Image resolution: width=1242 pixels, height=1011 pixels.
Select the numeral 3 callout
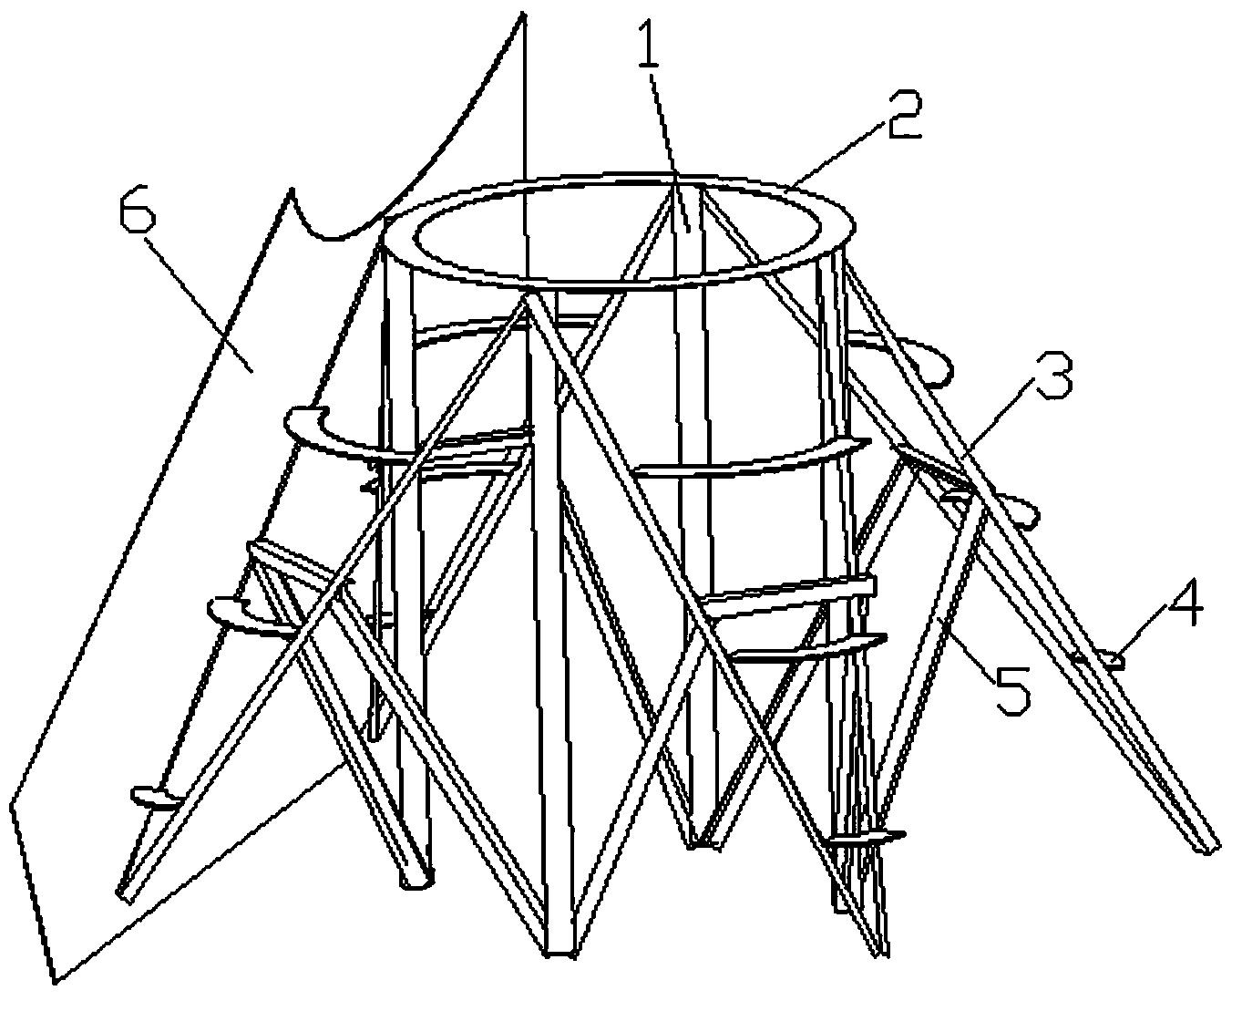click(1052, 375)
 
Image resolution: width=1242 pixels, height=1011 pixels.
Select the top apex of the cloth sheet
click(522, 13)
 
